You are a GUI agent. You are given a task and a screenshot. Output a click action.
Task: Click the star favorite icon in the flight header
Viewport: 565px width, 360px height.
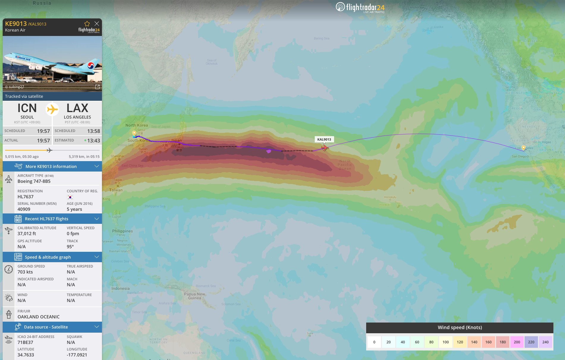(87, 23)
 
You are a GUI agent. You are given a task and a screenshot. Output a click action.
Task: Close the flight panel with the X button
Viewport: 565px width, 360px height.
(97, 23)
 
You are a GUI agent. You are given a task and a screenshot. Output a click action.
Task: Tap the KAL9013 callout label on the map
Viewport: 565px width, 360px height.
(324, 139)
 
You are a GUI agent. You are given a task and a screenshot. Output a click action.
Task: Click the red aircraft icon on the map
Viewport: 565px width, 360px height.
(325, 147)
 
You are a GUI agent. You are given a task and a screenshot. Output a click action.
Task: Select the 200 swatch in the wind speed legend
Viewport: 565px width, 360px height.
(517, 342)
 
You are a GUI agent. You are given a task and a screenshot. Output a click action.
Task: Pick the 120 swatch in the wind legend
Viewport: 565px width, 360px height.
(460, 342)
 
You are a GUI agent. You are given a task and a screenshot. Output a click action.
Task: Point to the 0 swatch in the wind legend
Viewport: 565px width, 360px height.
(374, 342)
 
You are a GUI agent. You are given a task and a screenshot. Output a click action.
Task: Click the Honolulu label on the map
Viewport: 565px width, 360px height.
(390, 197)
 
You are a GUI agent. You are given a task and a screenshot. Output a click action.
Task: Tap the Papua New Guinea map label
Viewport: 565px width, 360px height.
(194, 296)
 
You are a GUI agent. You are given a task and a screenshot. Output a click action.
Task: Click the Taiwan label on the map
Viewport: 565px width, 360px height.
(116, 190)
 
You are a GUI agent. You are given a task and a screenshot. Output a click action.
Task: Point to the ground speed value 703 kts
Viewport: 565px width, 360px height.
(25, 272)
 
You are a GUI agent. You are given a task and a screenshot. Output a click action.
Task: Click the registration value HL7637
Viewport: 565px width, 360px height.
(26, 197)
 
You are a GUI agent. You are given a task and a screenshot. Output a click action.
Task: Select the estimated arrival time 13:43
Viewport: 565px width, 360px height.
(93, 141)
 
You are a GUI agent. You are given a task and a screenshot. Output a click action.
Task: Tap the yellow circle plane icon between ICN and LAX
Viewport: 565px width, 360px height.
(52, 109)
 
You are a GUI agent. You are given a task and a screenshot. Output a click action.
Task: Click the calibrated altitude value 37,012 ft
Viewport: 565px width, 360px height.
(27, 234)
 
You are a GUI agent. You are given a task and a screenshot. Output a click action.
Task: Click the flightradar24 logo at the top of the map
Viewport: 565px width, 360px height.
(360, 7)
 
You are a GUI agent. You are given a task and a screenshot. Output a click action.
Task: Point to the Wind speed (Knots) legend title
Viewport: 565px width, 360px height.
(459, 327)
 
